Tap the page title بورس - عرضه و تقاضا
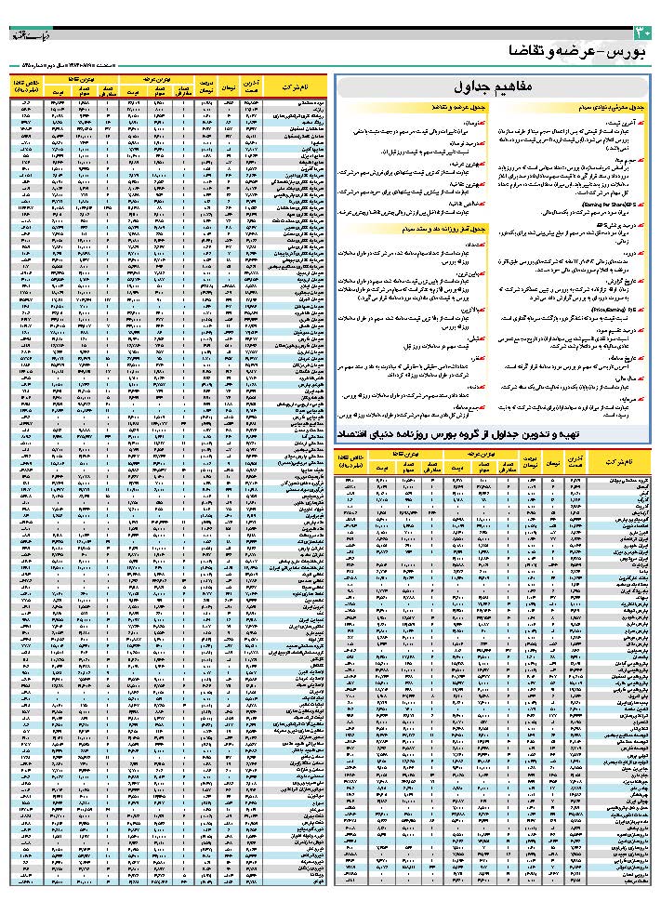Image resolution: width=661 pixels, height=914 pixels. pos(577,51)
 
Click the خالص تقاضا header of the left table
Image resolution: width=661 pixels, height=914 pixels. pos(24,86)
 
